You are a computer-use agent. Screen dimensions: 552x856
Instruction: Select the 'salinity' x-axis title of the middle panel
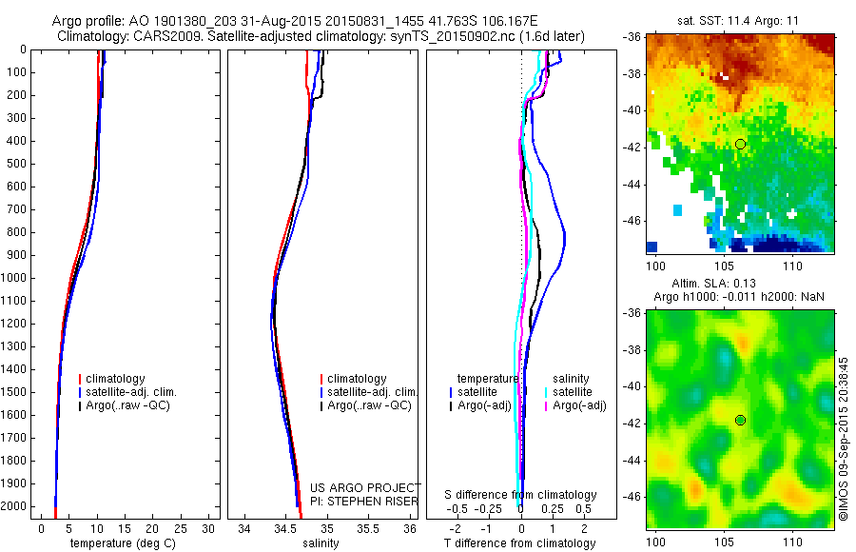(x=320, y=543)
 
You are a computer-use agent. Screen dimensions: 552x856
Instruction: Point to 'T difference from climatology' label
(x=519, y=543)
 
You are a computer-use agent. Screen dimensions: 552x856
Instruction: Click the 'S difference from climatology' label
(x=521, y=495)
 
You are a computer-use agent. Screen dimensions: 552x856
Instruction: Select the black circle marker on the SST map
(x=740, y=144)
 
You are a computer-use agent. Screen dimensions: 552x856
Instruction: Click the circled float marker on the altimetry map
(x=740, y=420)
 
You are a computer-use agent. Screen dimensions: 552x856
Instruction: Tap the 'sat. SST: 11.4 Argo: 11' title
(x=741, y=18)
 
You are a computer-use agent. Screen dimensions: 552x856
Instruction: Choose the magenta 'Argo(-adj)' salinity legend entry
(x=579, y=406)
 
